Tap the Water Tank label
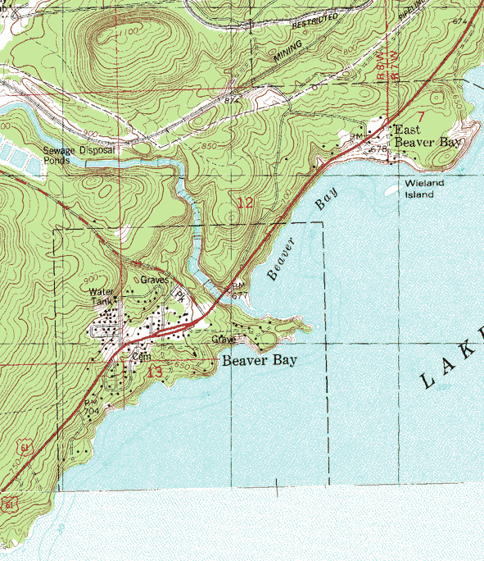point(103,296)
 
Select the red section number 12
point(245,202)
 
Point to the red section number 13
point(155,371)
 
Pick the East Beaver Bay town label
point(428,136)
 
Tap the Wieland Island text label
point(423,189)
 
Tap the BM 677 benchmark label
point(238,290)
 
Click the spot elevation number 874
point(232,99)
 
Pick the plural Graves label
point(154,280)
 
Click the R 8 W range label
point(380,73)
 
